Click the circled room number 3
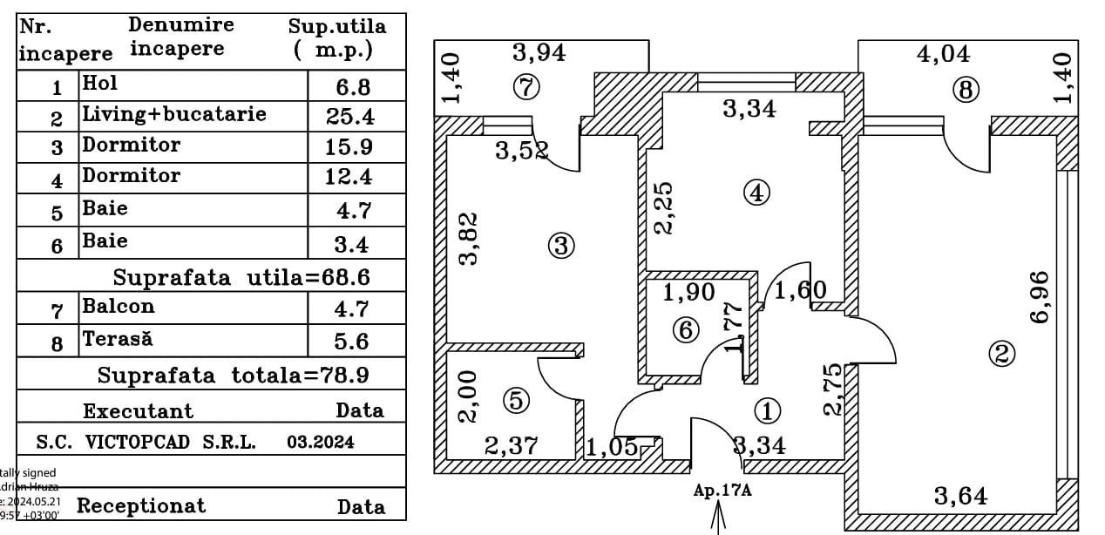coord(561,247)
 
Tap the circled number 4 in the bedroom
coord(756,193)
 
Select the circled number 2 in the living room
coord(1001,353)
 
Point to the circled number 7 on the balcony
coord(527,87)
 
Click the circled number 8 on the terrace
coord(966,90)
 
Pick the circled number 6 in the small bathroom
coord(687,330)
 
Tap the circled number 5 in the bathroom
coord(517,400)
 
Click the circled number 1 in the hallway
coord(767,410)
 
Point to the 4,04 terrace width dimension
coord(943,54)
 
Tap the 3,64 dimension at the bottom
coord(960,497)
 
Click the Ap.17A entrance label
coord(722,491)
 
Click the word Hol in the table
coord(99,84)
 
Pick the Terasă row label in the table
coord(117,339)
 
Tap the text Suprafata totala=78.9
coord(233,376)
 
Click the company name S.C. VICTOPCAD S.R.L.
coord(146,442)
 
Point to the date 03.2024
coord(321,442)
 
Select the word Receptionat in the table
coord(141,505)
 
